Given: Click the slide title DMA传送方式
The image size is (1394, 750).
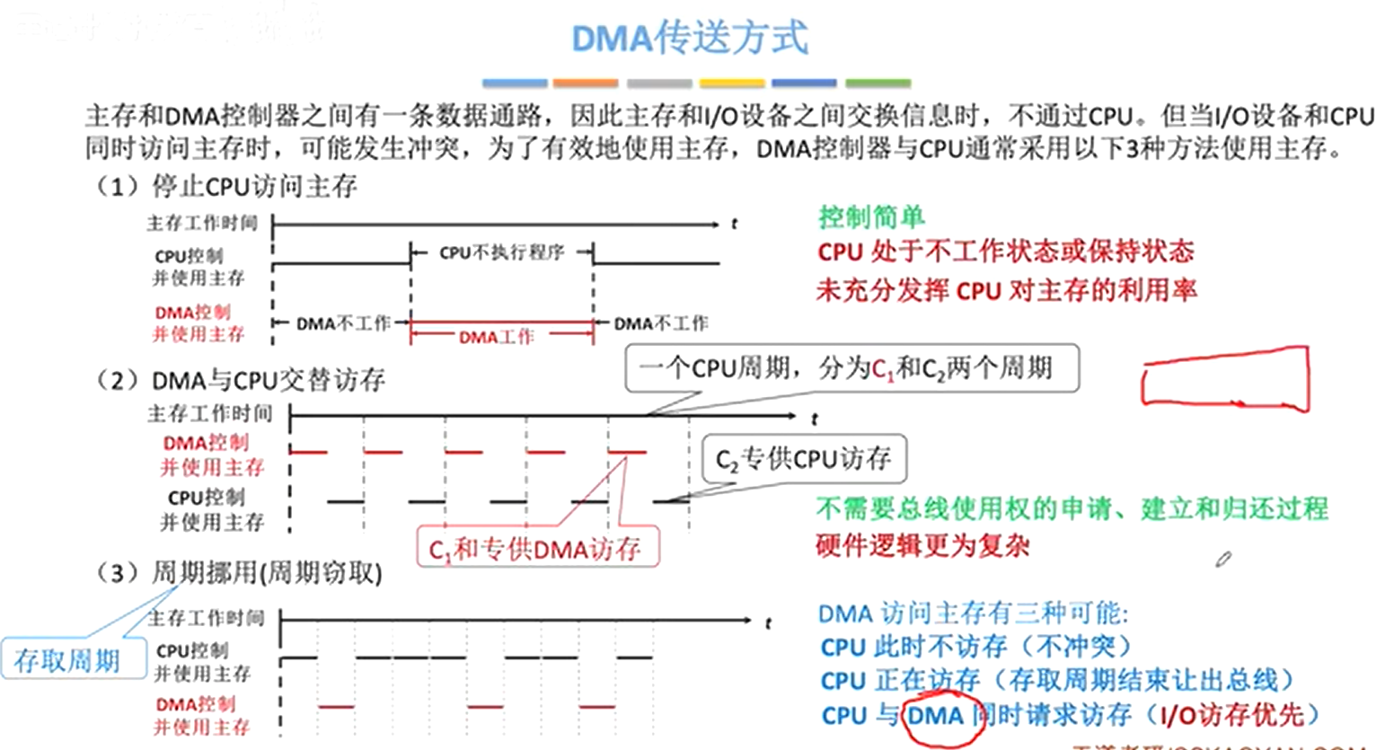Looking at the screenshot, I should [x=690, y=38].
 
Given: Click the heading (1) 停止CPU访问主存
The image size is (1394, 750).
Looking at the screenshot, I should [x=226, y=186].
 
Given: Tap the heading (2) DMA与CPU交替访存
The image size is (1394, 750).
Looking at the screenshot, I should [x=241, y=380].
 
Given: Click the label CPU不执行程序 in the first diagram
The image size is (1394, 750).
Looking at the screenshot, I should [x=501, y=253].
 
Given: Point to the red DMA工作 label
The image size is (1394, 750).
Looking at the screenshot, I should [x=496, y=337].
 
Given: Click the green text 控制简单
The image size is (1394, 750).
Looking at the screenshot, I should [x=870, y=216].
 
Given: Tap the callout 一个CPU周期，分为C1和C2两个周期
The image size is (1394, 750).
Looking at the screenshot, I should [x=851, y=368].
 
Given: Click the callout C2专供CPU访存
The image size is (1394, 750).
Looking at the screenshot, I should [x=803, y=460].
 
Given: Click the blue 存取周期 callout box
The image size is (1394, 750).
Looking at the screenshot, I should [x=68, y=660].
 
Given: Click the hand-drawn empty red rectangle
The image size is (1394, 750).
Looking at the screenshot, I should [x=1225, y=380].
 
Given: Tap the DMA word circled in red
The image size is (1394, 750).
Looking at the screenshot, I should [x=935, y=716].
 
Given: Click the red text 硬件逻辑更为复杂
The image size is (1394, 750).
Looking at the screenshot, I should [x=922, y=545].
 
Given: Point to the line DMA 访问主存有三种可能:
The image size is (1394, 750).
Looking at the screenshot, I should [x=973, y=613].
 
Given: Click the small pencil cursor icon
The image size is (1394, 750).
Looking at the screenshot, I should [x=1223, y=560].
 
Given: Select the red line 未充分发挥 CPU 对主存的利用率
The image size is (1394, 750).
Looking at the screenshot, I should [x=1006, y=290].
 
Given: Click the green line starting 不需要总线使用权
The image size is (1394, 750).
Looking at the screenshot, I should [x=1072, y=508].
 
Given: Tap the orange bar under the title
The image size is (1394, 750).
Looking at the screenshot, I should [x=586, y=84].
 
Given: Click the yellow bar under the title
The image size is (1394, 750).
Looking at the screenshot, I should [x=732, y=84].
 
